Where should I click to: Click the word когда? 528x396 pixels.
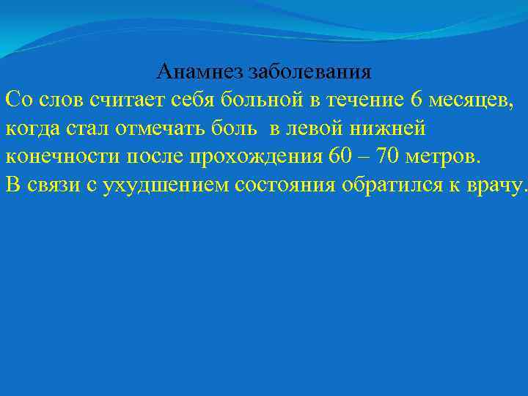tap(30, 128)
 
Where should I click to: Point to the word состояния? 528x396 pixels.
tap(286, 184)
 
